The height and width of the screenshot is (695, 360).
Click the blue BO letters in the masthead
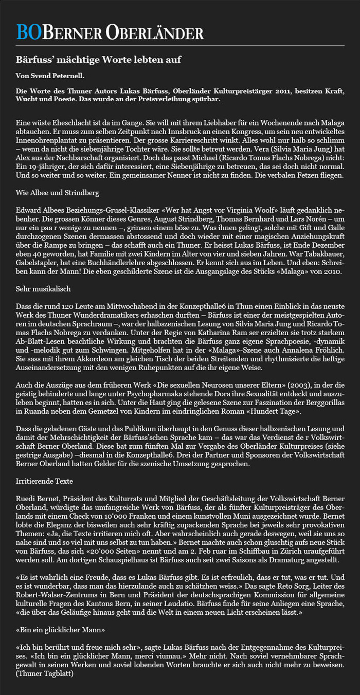pos(28,31)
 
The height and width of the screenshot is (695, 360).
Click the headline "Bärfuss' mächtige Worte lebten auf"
pos(98,60)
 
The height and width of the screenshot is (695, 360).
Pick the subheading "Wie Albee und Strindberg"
pos(58,193)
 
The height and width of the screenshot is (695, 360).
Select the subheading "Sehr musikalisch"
pos(43,289)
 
